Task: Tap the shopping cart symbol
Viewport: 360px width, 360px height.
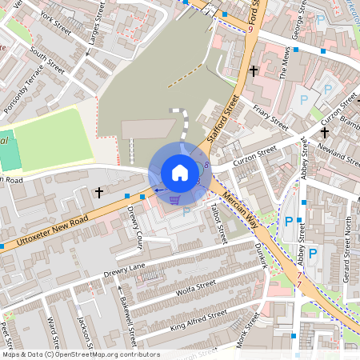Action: [x=174, y=201]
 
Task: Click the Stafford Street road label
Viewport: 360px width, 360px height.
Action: [x=224, y=117]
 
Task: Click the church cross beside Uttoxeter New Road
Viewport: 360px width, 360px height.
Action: [x=99, y=192]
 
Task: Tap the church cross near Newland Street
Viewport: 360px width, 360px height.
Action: [x=325, y=131]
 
